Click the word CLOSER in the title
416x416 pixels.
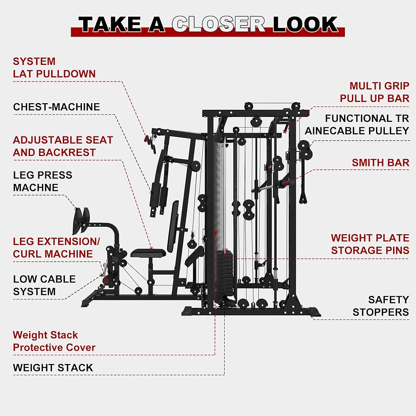218,24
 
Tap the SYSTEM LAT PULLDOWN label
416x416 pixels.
54,68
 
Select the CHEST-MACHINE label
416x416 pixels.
57,107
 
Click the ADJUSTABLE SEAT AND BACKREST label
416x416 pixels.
63,146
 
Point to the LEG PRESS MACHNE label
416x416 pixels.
42,181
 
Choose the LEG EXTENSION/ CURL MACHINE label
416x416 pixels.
56,248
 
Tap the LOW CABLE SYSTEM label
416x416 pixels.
45,285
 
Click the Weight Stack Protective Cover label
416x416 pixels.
54,341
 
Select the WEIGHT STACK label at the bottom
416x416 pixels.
53,368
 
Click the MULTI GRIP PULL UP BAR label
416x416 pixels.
375,92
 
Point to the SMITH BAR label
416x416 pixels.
381,163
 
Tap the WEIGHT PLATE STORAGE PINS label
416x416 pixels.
370,244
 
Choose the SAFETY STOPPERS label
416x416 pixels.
381,306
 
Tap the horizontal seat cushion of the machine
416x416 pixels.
148,253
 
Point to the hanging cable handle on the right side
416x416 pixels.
303,196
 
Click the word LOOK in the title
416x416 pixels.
305,24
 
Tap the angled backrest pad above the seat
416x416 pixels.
173,226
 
